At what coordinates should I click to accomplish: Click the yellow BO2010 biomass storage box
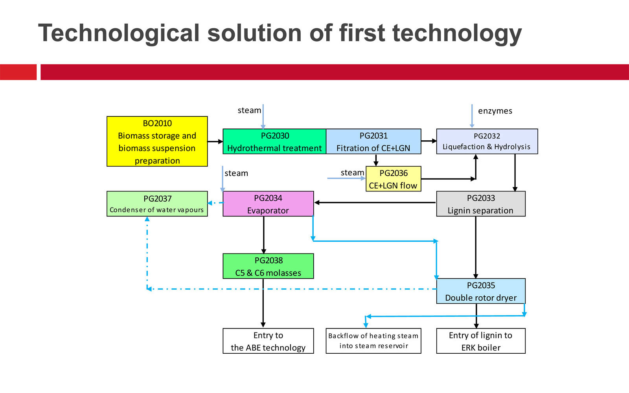157,141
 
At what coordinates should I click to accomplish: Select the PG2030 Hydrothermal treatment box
274,141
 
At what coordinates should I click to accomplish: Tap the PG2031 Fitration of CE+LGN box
373,141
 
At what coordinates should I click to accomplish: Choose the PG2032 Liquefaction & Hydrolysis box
487,141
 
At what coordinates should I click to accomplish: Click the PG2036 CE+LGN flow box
394,179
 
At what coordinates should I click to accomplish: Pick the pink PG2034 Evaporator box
268,204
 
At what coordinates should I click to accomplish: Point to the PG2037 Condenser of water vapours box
157,204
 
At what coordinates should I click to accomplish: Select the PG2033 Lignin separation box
481,204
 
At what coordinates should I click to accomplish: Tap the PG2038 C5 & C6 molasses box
268,266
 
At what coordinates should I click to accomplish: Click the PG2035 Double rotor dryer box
481,291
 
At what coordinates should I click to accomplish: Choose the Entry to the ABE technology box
268,341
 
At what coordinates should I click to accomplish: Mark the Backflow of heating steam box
373,341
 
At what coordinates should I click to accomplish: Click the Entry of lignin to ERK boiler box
481,341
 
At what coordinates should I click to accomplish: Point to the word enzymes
495,111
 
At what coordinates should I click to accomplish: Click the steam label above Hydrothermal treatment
249,110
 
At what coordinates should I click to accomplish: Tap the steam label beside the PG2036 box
352,173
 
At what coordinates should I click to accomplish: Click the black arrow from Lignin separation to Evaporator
375,202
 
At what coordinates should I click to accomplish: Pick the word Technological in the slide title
119,33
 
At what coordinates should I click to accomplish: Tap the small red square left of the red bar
18,72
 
